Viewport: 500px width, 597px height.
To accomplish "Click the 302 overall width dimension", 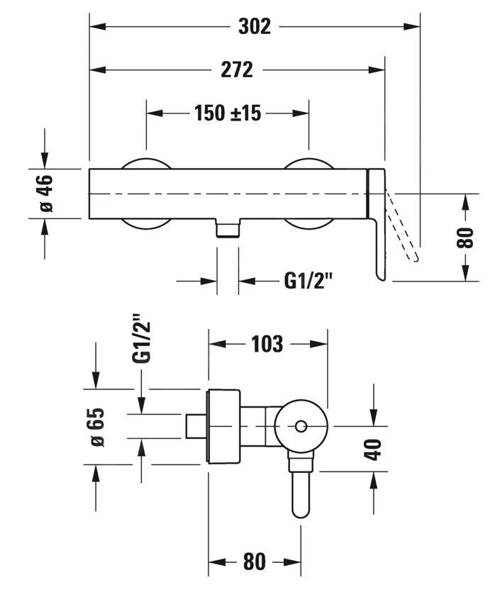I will point(254,26).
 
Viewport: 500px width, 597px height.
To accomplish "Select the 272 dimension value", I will point(237,69).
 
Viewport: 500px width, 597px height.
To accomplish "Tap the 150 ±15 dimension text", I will point(228,113).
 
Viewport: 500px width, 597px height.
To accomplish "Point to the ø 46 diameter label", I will point(44,193).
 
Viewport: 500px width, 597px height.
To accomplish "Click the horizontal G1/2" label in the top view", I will point(309,281).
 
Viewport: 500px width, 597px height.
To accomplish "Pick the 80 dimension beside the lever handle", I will point(465,237).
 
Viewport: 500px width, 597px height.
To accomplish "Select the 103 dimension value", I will point(267,344).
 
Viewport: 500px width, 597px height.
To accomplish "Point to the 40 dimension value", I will point(373,450).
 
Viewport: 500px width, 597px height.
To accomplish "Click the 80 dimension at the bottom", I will point(254,562).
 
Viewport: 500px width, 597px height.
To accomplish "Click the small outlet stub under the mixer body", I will point(228,229).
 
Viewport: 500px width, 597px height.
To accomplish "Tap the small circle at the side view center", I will point(301,426).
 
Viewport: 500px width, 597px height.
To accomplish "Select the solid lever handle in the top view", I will point(377,234).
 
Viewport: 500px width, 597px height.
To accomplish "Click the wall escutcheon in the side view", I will point(224,426).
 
